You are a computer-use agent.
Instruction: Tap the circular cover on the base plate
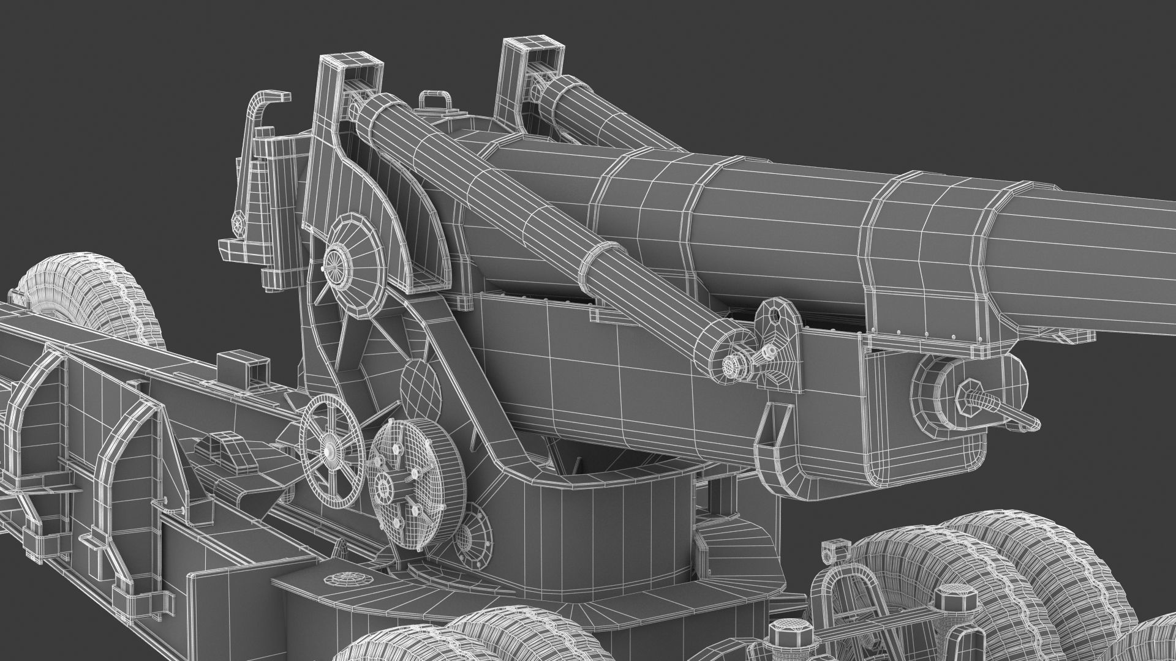click(x=344, y=579)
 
